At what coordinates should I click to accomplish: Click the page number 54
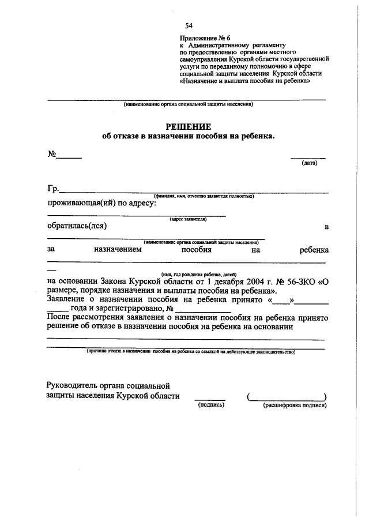tap(189, 26)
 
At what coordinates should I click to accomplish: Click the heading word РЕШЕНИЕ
tap(189, 126)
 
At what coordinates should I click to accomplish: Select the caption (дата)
tap(309, 163)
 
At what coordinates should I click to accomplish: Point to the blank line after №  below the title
tap(69, 157)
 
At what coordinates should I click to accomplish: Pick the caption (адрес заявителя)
tap(188, 219)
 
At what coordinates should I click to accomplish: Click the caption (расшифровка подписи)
tap(295, 405)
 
